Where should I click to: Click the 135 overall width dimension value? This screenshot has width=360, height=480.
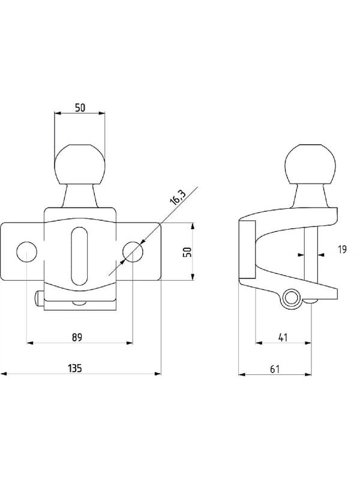click(x=75, y=368)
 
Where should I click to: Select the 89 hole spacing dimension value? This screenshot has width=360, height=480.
click(x=77, y=337)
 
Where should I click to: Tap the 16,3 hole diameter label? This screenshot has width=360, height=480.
click(x=178, y=197)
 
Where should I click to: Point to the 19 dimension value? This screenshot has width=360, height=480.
click(x=343, y=250)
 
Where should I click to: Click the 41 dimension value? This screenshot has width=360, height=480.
click(x=283, y=337)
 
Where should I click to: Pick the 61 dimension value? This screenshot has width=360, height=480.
click(x=275, y=369)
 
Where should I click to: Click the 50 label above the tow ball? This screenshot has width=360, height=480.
click(x=80, y=108)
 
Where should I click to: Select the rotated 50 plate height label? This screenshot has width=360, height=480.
click(x=187, y=252)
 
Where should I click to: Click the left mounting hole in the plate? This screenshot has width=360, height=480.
click(x=26, y=251)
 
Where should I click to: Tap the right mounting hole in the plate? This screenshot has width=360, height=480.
click(x=133, y=251)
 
